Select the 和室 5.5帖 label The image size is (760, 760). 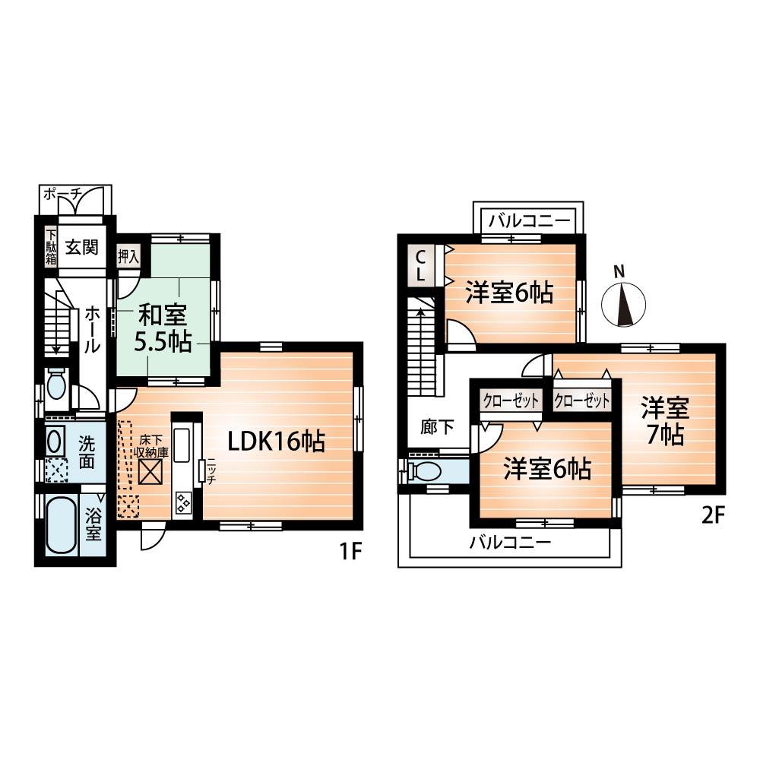tap(163, 327)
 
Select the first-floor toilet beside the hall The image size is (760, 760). tap(56, 385)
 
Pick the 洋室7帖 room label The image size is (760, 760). tap(664, 422)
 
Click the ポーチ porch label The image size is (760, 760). tap(62, 195)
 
